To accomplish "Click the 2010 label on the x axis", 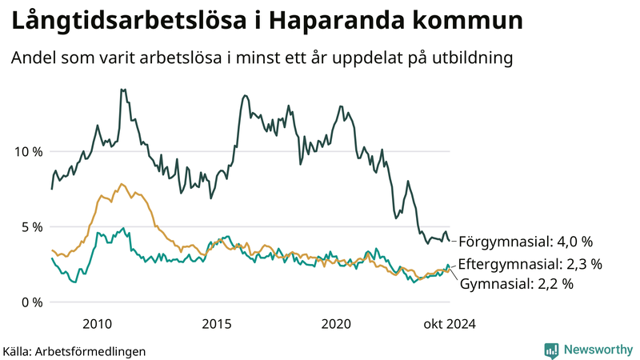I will click(x=98, y=323).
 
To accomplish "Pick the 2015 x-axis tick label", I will click(x=217, y=323).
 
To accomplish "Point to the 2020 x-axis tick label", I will click(x=336, y=323).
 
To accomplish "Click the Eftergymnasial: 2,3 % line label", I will click(x=530, y=263).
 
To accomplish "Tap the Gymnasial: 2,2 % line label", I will click(x=518, y=282).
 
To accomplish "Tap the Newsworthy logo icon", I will click(x=551, y=350).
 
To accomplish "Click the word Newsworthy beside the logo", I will click(x=598, y=350).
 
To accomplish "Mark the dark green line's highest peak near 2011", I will click(x=122, y=90).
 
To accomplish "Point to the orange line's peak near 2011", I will click(x=122, y=184).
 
